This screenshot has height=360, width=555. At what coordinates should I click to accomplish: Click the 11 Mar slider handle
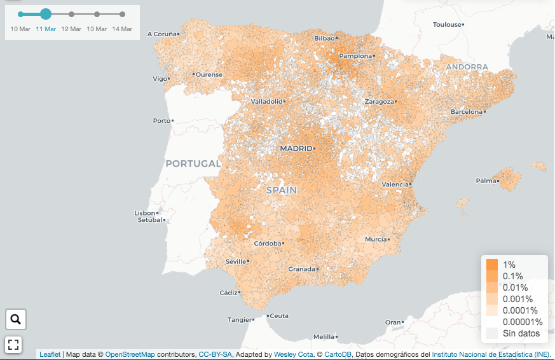[46, 14]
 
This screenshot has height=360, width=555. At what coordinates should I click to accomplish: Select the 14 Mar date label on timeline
[122, 29]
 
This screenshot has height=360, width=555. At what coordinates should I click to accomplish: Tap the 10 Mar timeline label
[20, 29]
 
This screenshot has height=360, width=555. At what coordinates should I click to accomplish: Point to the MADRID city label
[296, 148]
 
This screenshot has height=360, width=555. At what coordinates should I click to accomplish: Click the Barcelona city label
[466, 111]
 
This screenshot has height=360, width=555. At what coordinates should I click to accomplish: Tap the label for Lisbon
[145, 212]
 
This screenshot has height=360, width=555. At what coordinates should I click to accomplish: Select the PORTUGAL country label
[193, 163]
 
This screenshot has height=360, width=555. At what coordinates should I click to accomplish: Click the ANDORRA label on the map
[467, 67]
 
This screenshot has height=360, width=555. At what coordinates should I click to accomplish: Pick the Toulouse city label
[447, 24]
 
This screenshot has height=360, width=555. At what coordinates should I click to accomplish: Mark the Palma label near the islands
[486, 181]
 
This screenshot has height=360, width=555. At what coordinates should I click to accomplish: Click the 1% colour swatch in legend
[492, 265]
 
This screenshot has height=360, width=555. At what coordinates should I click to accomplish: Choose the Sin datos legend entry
[521, 333]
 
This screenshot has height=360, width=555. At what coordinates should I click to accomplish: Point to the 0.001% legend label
[517, 299]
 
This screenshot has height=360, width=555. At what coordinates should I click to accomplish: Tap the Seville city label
[236, 261]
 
